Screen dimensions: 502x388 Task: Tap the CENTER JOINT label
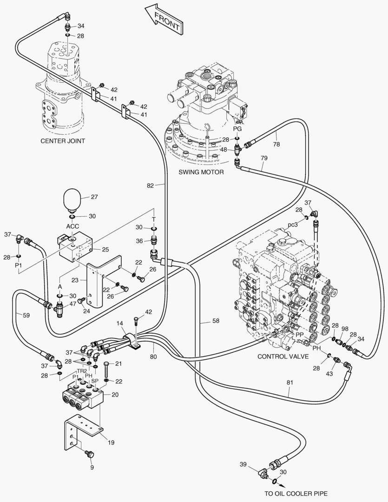click(x=63, y=141)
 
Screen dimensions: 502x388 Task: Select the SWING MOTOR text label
click(x=201, y=172)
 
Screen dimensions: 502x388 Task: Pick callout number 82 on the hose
click(x=150, y=185)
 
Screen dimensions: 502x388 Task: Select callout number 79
click(x=264, y=158)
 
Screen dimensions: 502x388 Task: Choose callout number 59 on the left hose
click(x=26, y=315)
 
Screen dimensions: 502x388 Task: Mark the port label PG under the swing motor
click(x=237, y=129)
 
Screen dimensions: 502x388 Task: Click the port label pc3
click(x=292, y=224)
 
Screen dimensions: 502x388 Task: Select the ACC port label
click(x=72, y=226)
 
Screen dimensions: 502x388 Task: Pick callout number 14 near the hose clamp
click(x=120, y=323)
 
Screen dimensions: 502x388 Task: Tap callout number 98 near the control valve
click(x=344, y=329)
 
